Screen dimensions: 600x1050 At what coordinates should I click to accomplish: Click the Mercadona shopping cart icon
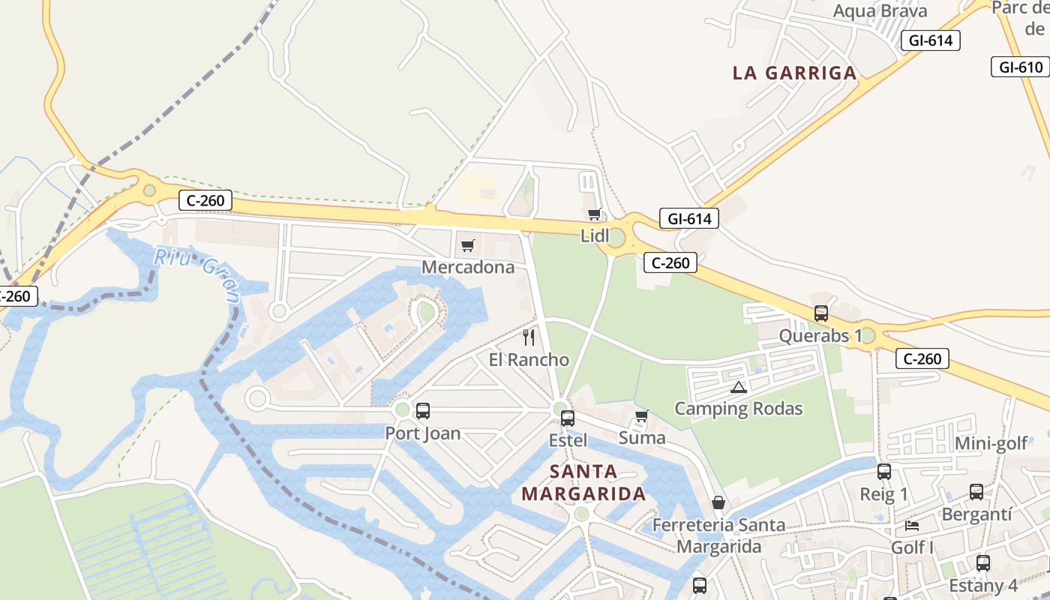[468, 245]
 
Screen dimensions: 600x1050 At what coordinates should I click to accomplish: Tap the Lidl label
[595, 235]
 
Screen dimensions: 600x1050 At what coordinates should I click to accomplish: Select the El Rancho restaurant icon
[529, 337]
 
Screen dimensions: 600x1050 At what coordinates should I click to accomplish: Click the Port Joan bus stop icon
[423, 410]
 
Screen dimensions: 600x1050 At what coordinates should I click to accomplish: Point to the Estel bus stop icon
[568, 418]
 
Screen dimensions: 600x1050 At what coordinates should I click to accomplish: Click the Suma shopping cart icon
[641, 415]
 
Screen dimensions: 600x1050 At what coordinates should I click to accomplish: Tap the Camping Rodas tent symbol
[739, 387]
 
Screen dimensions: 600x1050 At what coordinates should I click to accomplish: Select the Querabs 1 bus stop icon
[821, 313]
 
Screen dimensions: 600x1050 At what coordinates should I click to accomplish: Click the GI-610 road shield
[1021, 67]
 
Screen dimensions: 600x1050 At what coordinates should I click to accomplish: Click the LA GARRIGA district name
[794, 73]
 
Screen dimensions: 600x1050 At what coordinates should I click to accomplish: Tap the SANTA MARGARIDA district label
[583, 482]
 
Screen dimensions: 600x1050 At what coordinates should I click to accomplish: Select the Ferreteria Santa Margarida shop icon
[718, 502]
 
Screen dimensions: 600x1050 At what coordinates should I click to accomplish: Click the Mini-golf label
[991, 443]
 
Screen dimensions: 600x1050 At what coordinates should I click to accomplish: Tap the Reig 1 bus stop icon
[884, 472]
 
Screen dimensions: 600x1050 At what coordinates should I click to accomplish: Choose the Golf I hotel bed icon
[912, 525]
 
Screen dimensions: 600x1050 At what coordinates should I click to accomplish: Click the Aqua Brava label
[880, 10]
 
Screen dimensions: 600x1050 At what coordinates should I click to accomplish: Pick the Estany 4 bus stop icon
[983, 562]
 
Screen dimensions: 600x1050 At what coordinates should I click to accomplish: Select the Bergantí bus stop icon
[976, 492]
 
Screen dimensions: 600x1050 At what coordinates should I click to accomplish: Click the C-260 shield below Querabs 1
[922, 358]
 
